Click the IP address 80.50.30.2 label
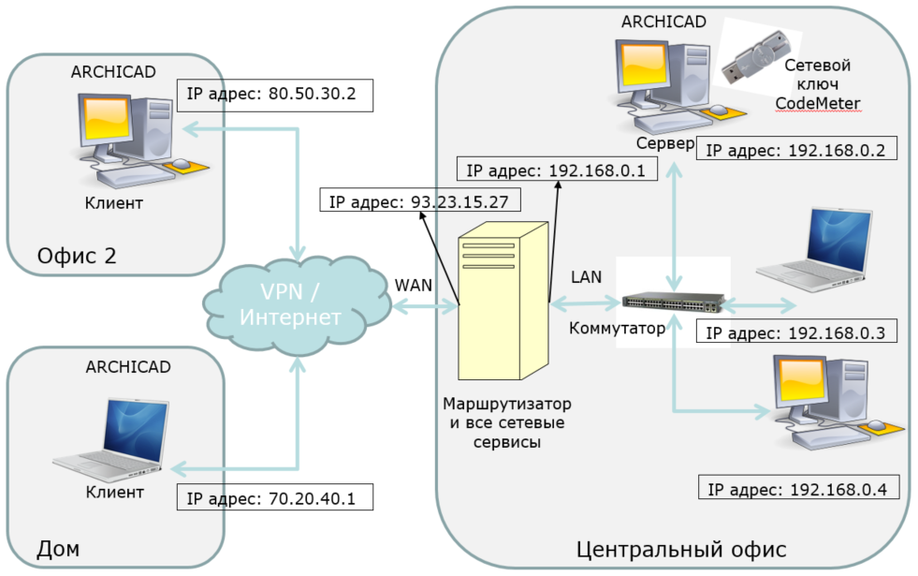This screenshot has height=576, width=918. tap(274, 95)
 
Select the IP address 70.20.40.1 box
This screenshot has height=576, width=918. tap(274, 496)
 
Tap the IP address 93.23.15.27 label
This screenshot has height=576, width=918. tap(419, 200)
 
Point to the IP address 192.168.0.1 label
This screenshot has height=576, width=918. tap(557, 169)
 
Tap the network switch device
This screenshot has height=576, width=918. tap(673, 303)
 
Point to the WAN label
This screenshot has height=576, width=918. tap(414, 284)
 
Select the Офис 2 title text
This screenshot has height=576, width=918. tap(77, 256)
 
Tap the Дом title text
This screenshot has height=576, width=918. tap(57, 547)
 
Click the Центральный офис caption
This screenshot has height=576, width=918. tap(681, 548)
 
